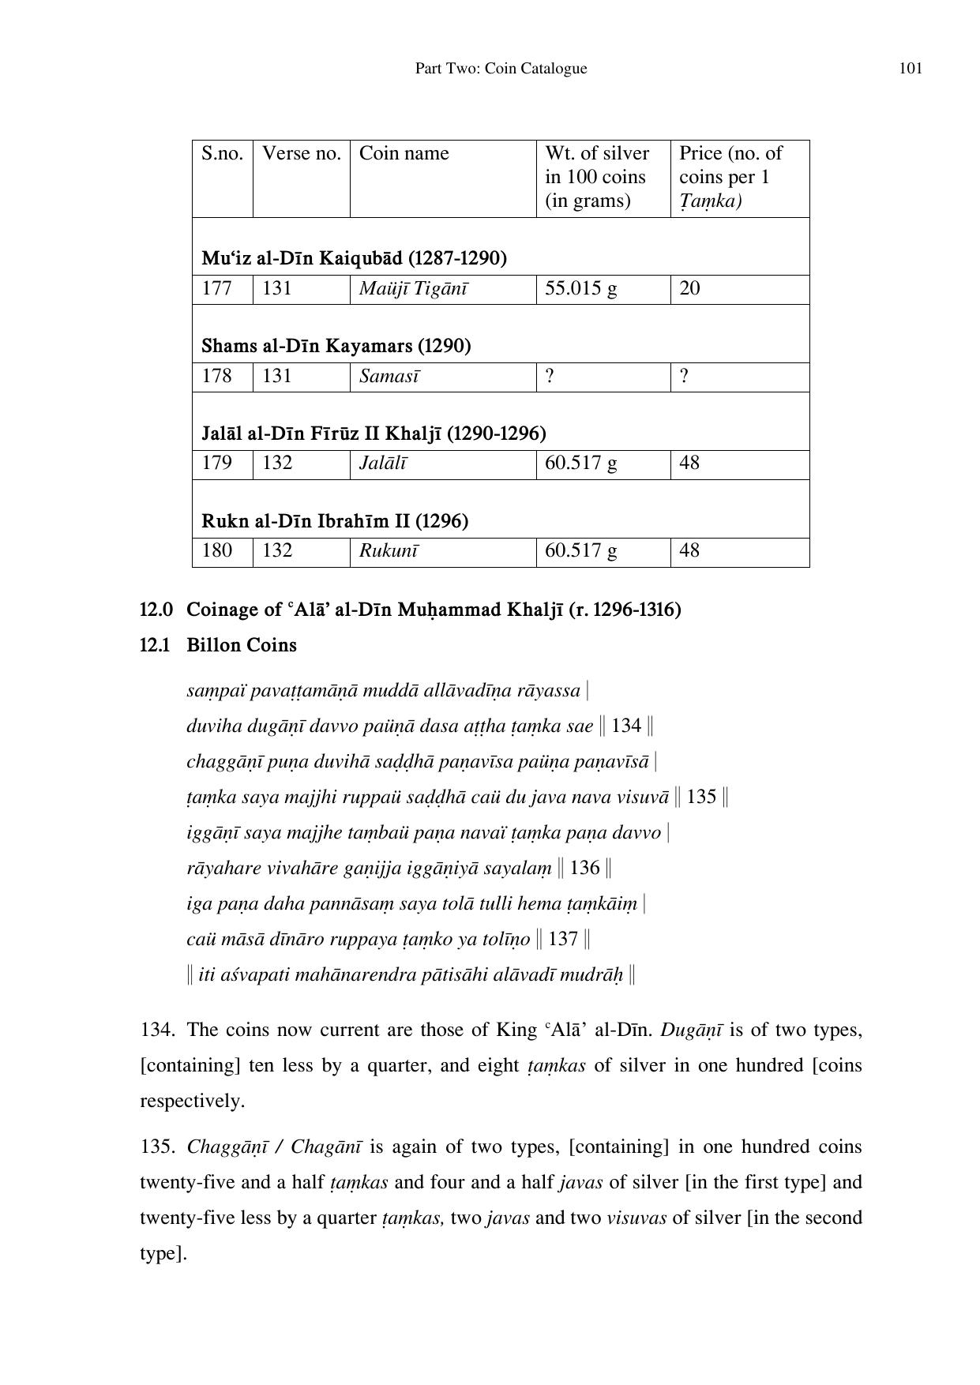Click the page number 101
tap(911, 69)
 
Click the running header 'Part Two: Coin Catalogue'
tap(501, 69)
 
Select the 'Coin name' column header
tap(404, 153)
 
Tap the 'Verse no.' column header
tap(301, 153)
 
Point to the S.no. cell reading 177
tap(216, 288)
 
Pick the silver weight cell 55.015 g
tap(581, 288)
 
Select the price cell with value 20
tap(689, 288)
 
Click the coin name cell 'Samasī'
tap(389, 376)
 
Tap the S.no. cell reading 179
tap(216, 463)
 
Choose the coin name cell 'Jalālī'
tap(383, 464)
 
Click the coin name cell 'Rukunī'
tap(389, 550)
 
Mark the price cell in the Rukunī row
tap(689, 550)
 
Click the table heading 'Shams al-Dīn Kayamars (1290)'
tap(336, 346)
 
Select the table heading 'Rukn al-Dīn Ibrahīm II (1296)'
tap(335, 521)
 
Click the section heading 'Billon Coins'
tap(242, 645)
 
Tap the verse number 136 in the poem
tap(584, 868)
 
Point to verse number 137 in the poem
tap(563, 939)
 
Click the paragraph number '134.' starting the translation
tap(156, 1030)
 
